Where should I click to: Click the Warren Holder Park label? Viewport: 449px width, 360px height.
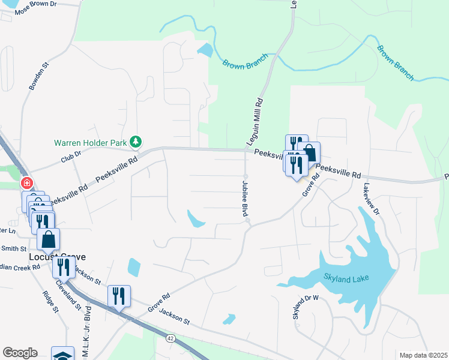(92, 143)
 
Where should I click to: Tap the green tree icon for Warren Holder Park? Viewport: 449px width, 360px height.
(137, 142)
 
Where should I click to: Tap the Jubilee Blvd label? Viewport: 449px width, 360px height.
(245, 198)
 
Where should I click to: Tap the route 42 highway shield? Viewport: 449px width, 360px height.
(170, 339)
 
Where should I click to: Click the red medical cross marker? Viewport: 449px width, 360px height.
(26, 182)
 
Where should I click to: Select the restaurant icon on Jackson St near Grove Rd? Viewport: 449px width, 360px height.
(118, 296)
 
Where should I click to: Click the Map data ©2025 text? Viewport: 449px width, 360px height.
(423, 355)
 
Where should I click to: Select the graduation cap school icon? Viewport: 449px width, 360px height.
(62, 355)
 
